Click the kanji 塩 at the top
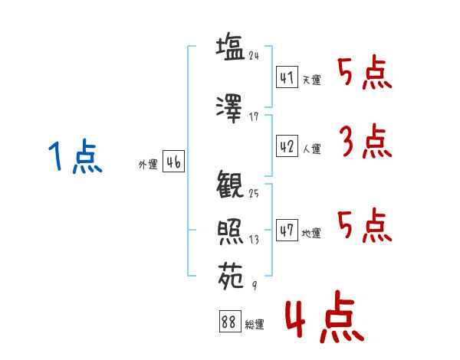point(230,48)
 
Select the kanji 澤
point(230,108)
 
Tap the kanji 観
point(230,186)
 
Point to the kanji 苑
point(230,273)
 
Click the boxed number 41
point(287,78)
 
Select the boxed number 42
point(287,147)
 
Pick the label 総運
point(255,325)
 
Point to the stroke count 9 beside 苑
point(255,285)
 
